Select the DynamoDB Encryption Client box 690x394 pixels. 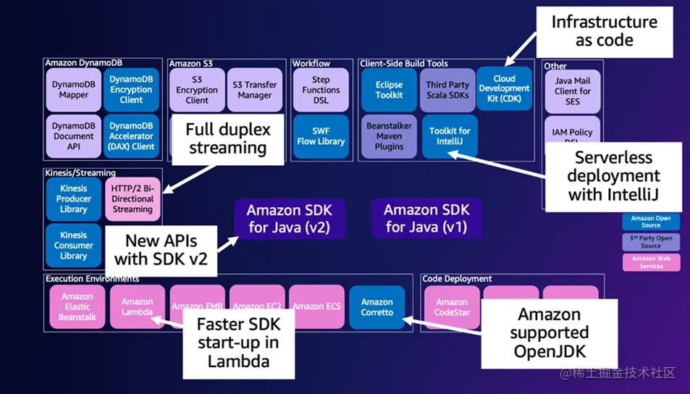click(132, 90)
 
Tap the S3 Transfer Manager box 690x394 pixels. click(255, 90)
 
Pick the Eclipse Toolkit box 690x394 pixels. click(389, 90)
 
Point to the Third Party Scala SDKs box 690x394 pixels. click(447, 90)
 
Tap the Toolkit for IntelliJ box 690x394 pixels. click(450, 136)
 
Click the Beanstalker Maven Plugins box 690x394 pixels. click(389, 136)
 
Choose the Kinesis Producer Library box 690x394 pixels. click(74, 198)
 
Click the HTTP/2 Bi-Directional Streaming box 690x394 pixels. click(132, 198)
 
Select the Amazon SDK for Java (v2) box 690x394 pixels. click(289, 219)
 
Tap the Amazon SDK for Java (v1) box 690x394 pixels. click(426, 219)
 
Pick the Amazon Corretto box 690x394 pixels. click(377, 307)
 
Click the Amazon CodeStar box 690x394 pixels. click(452, 307)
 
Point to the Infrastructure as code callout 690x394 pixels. click(605, 31)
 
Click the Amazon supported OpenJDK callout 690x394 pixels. click(550, 333)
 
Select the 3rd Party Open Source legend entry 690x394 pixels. click(650, 242)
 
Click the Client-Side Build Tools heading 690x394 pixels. click(404, 64)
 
